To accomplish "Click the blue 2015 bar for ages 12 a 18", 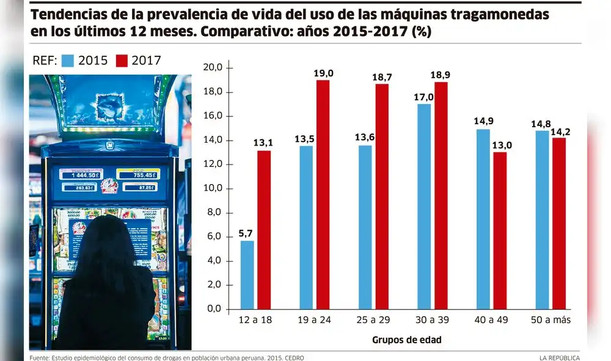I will (247, 275).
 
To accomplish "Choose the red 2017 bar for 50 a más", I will (559, 223).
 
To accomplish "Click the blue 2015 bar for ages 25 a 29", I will (365, 227).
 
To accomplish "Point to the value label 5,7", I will (246, 233).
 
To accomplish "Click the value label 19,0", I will (323, 73).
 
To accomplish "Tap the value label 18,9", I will (441, 75).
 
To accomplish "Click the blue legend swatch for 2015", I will (68, 60).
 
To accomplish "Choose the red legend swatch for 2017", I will (122, 60).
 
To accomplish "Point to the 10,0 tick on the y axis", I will (218, 188).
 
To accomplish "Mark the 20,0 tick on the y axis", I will (218, 67).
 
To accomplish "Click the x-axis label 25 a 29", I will (373, 321).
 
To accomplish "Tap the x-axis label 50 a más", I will (551, 321).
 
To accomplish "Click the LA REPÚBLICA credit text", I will (559, 357).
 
